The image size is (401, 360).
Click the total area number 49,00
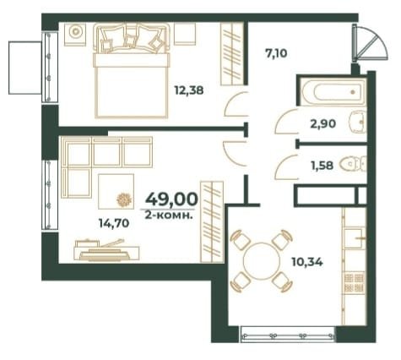pos(171,199)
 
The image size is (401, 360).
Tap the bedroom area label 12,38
pos(189,90)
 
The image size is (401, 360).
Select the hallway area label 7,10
pos(276,53)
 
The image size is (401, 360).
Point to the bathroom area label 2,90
pos(322,123)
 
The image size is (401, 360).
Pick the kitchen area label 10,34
pos(307,262)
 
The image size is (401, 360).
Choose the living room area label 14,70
pos(114,223)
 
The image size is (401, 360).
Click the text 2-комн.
pos(169,215)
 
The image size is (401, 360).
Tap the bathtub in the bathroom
pos(333,91)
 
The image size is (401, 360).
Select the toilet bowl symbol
pos(354,165)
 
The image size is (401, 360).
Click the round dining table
pos(261,260)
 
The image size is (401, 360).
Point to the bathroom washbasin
pos(358,123)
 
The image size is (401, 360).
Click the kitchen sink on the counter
pos(354,238)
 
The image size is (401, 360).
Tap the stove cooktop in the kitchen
pos(355,282)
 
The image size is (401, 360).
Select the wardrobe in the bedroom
pos(231,53)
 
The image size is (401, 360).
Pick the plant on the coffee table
pos(124,200)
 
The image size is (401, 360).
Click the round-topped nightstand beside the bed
pos(75,35)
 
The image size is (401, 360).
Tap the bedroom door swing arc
pos(236,104)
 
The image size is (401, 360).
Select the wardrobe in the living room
pos(212,222)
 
